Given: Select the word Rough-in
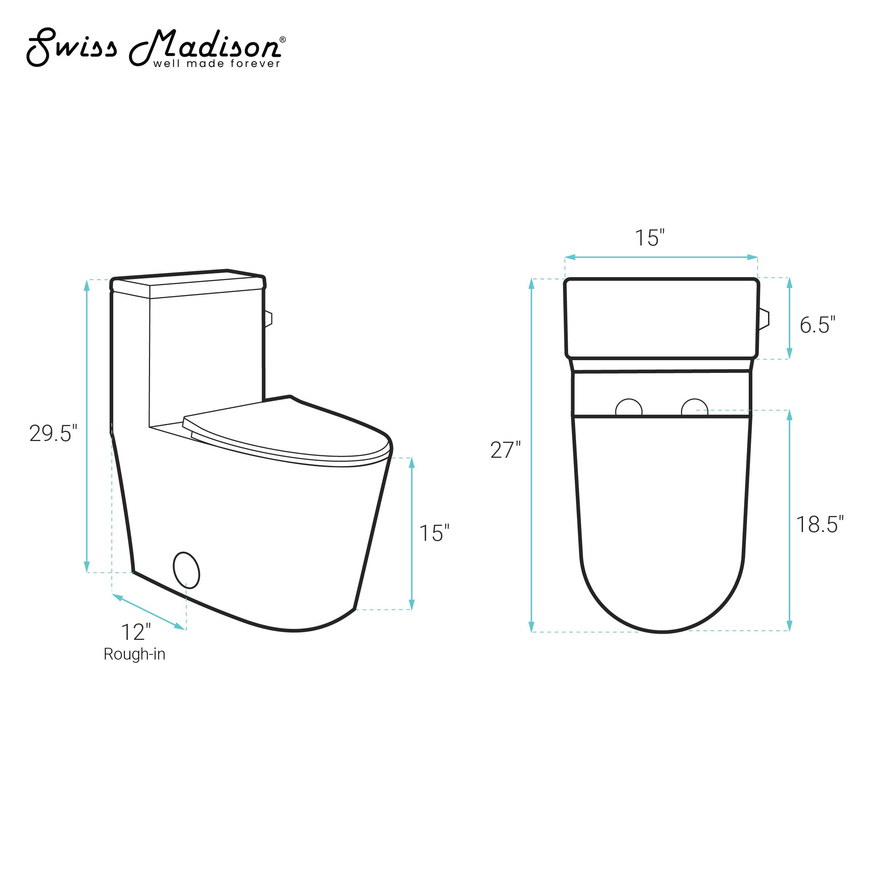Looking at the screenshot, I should (134, 654).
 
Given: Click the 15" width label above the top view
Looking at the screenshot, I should (650, 238).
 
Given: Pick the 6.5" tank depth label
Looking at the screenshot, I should (817, 325).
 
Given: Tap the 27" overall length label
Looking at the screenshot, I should (505, 450).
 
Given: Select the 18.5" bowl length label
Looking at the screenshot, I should (820, 524).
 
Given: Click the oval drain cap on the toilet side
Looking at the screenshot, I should (186, 570).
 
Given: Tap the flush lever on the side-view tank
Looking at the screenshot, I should (268, 319).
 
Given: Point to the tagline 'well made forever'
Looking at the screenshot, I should (217, 64).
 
